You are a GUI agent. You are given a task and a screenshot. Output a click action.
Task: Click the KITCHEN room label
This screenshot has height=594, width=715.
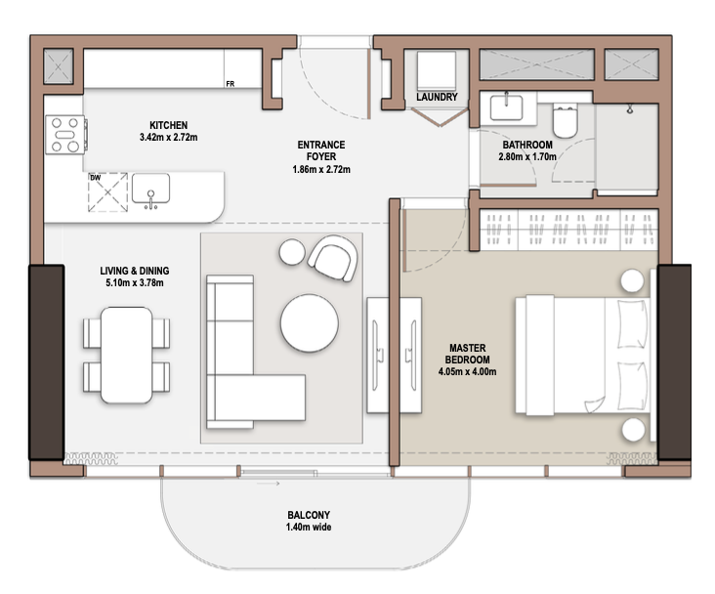(x=168, y=125)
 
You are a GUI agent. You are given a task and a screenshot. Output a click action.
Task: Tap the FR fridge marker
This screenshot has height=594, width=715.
(x=231, y=84)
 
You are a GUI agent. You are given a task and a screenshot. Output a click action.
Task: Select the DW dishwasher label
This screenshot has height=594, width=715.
(x=96, y=178)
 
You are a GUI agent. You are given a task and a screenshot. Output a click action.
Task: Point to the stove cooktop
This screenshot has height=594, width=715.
(x=65, y=135)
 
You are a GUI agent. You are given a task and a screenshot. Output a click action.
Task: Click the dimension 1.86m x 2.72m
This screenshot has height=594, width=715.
(x=321, y=169)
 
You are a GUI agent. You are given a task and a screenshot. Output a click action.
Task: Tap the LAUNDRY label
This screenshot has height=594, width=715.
(x=437, y=97)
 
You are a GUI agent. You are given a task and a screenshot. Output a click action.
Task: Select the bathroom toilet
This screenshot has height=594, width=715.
(x=565, y=120)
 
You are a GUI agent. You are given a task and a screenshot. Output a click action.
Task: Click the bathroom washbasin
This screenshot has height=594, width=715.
(x=507, y=107)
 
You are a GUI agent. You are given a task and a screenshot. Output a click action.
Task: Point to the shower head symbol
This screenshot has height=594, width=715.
(x=630, y=109)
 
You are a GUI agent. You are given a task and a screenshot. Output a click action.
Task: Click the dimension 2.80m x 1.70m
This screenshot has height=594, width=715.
(x=527, y=157)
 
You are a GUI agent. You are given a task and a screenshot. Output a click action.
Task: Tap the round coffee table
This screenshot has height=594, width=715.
(x=310, y=323)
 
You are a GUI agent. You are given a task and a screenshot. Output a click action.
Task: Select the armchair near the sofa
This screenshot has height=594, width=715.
(x=333, y=258)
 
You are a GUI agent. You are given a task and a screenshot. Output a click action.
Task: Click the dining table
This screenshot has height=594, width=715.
(x=126, y=355)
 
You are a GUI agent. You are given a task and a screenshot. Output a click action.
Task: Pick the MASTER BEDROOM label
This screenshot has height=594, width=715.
(x=468, y=354)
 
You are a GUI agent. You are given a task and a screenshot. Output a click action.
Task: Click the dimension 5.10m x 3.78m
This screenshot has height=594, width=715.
(x=135, y=283)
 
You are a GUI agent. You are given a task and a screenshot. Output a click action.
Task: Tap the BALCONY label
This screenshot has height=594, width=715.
(x=309, y=515)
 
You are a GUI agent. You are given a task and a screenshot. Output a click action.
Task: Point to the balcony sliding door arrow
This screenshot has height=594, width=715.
(x=268, y=484)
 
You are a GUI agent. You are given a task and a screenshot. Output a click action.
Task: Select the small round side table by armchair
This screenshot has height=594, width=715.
(x=292, y=252)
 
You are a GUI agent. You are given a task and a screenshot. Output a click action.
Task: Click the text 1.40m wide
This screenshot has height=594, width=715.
(x=309, y=528)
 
